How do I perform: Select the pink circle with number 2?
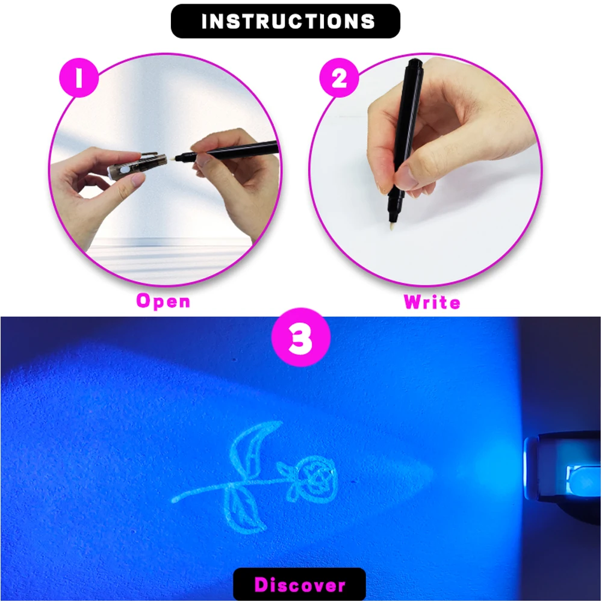tap(340, 78)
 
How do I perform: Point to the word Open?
tap(163, 300)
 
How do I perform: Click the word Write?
tap(432, 301)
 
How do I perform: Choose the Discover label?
tap(299, 584)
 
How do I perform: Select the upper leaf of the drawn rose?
tap(247, 448)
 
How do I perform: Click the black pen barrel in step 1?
tap(241, 154)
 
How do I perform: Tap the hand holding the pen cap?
tap(96, 181)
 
